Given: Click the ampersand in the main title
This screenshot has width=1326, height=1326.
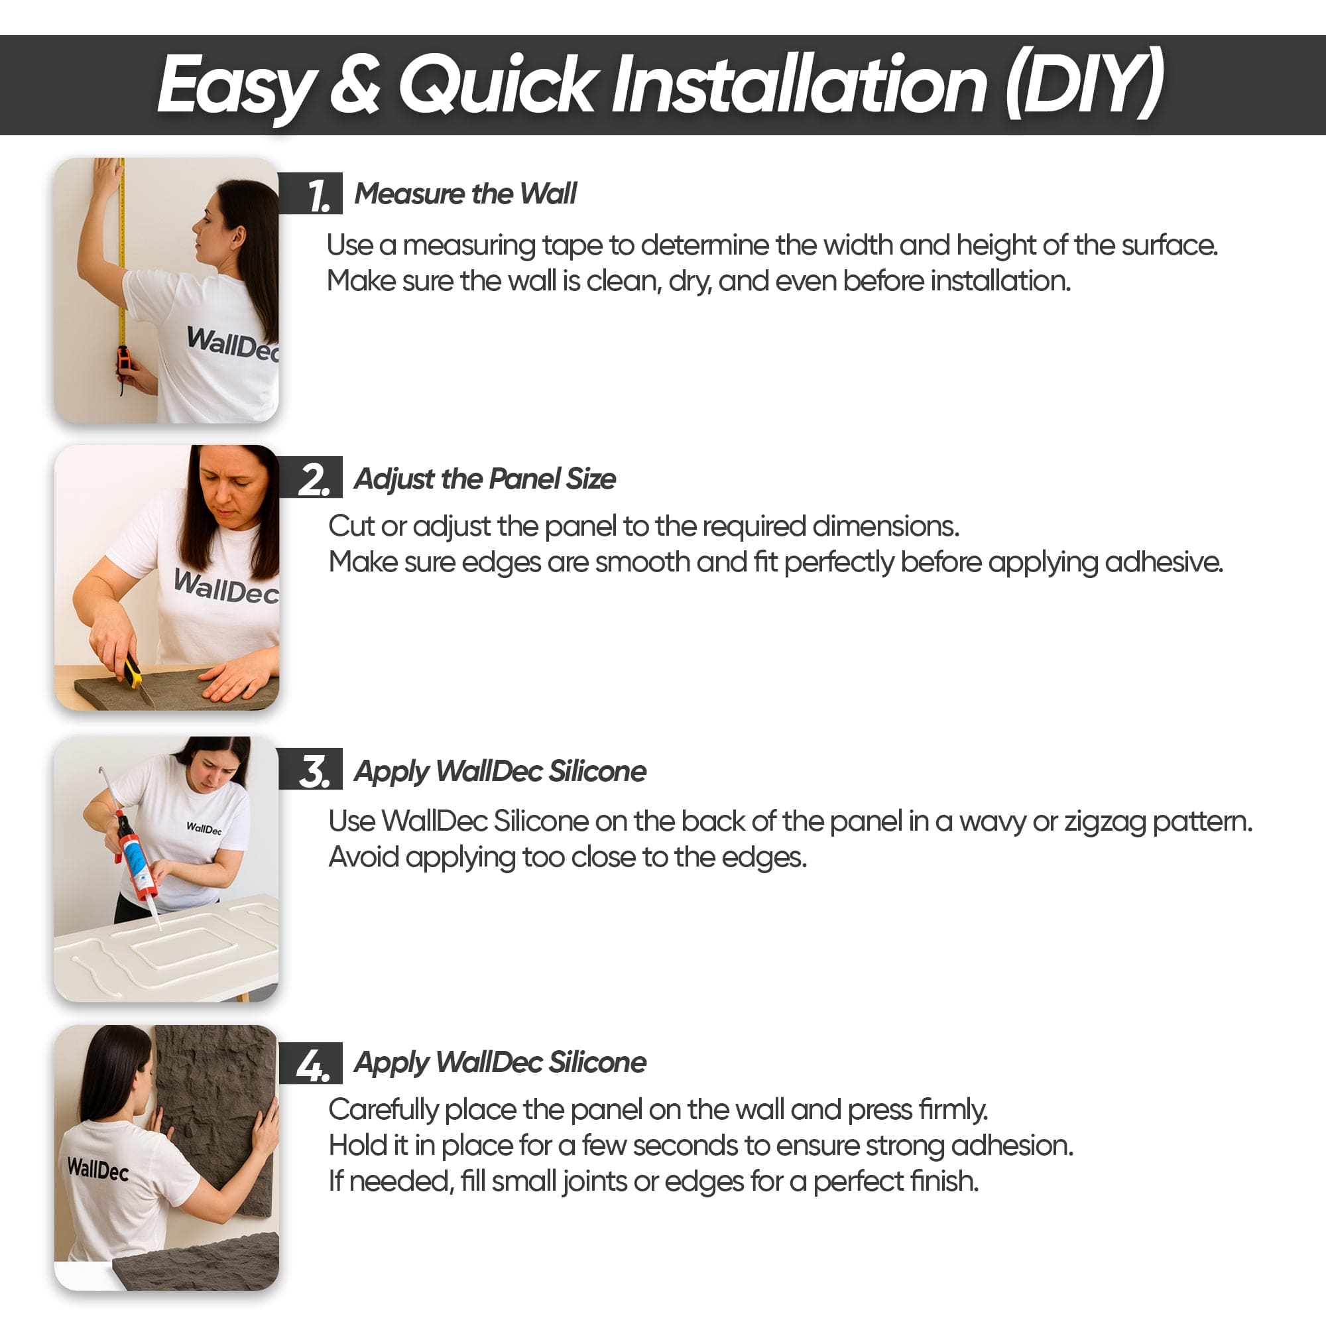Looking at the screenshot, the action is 354,85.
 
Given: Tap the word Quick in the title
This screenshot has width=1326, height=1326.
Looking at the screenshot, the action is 496,84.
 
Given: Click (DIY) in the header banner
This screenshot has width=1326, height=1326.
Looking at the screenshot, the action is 1085,84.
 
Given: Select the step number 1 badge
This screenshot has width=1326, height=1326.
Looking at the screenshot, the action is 310,194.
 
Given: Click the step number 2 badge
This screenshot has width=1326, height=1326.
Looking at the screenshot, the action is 310,477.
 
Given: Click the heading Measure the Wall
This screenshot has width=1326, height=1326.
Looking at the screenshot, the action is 465,194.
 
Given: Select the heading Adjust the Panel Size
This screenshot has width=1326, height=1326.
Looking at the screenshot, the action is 485,479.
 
